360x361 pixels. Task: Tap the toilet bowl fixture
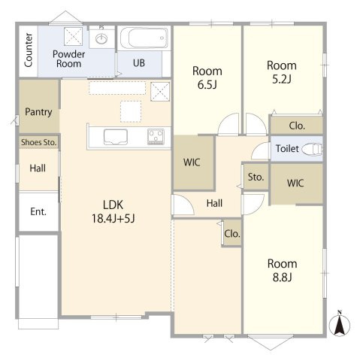[312, 150]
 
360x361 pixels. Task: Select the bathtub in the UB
[144, 38]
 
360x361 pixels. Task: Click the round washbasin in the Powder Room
[101, 38]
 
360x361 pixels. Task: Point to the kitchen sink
[116, 137]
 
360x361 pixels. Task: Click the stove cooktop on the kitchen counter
[156, 137]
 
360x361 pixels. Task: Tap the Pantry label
[38, 112]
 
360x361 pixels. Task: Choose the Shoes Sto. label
[38, 142]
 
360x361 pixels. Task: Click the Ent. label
[38, 211]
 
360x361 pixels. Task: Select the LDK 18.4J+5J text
[113, 212]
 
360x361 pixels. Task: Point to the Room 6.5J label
[207, 78]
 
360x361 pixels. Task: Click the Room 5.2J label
[282, 72]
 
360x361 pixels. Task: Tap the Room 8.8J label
[283, 271]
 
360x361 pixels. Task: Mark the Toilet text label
[287, 149]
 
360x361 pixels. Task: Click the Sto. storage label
[256, 177]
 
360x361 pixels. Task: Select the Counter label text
[29, 50]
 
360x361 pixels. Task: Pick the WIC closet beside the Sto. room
[295, 183]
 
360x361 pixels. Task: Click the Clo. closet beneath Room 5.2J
[297, 126]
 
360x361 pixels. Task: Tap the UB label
[139, 62]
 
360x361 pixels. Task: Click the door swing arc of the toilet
[256, 148]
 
